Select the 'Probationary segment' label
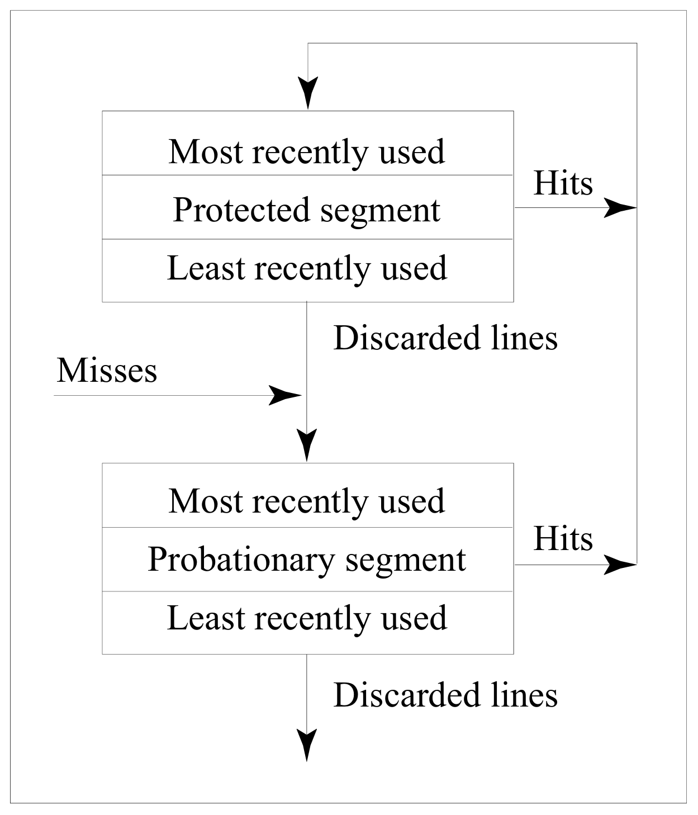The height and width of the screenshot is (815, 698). coord(307,560)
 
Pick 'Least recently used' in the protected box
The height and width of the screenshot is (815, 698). coord(307,268)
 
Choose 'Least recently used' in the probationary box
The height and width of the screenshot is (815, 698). coord(307,618)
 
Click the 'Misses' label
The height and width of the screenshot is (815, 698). coord(107,370)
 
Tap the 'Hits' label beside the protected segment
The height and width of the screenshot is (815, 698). coord(563,183)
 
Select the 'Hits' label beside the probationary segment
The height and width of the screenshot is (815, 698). coord(563,539)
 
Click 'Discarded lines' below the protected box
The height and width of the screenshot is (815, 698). coord(445,338)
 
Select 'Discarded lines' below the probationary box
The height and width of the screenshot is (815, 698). coord(445,695)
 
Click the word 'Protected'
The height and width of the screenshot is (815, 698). coord(241,210)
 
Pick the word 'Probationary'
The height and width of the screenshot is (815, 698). coord(241,560)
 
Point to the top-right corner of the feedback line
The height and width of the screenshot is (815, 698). coord(637,43)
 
